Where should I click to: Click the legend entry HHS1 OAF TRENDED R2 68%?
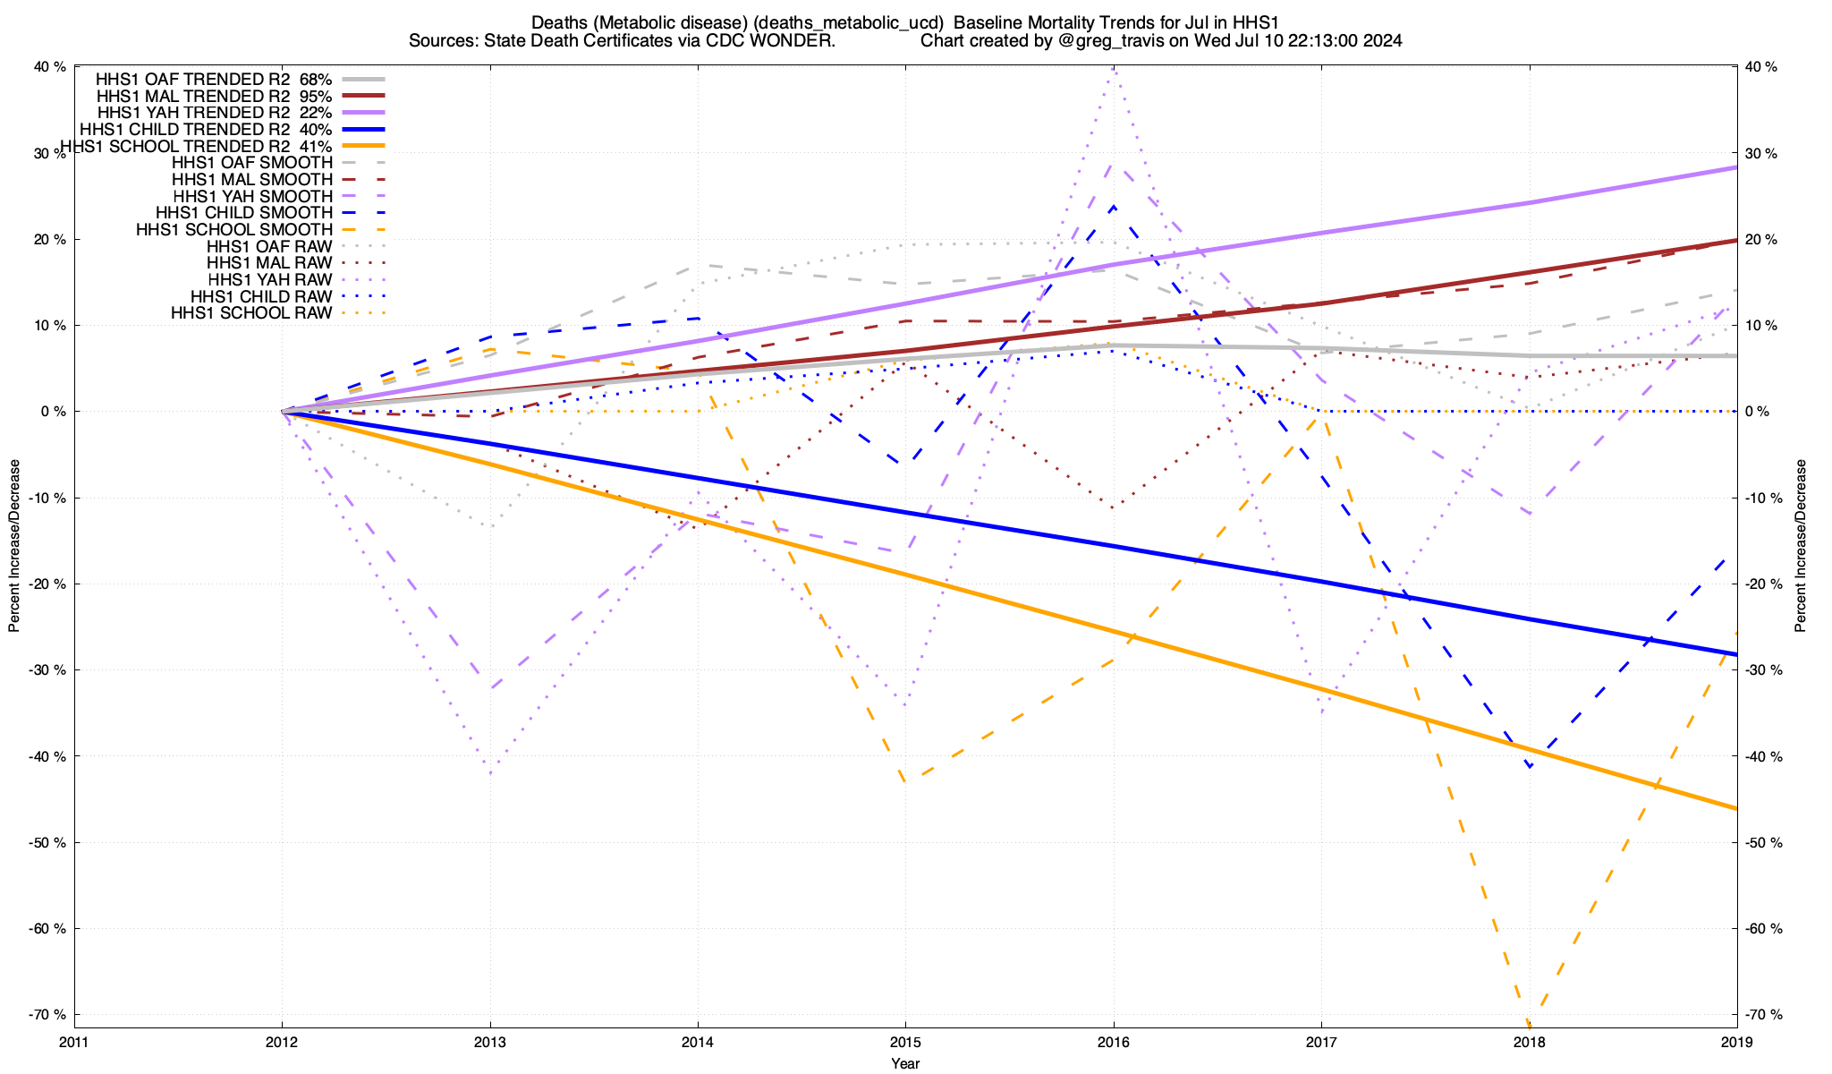pyautogui.click(x=214, y=80)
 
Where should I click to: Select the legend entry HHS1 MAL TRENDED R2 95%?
pyautogui.click(x=214, y=97)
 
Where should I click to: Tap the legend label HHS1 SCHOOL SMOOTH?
pyautogui.click(x=234, y=230)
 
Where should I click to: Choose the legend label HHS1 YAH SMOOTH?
pyautogui.click(x=253, y=197)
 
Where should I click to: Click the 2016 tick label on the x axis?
pyautogui.click(x=1113, y=1042)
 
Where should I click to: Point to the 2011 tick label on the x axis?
pyautogui.click(x=74, y=1042)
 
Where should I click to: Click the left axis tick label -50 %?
pyautogui.click(x=49, y=843)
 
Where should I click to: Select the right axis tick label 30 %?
pyautogui.click(x=1761, y=154)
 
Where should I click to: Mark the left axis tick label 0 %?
pyautogui.click(x=53, y=412)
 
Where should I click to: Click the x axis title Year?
pyautogui.click(x=905, y=1063)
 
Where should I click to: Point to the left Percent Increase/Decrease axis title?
pyautogui.click(x=14, y=546)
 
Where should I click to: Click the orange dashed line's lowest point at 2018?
pyautogui.click(x=1529, y=1023)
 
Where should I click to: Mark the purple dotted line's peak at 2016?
pyautogui.click(x=1113, y=68)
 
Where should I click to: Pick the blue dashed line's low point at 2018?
pyautogui.click(x=1530, y=766)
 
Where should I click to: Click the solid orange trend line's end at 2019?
pyautogui.click(x=1736, y=808)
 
